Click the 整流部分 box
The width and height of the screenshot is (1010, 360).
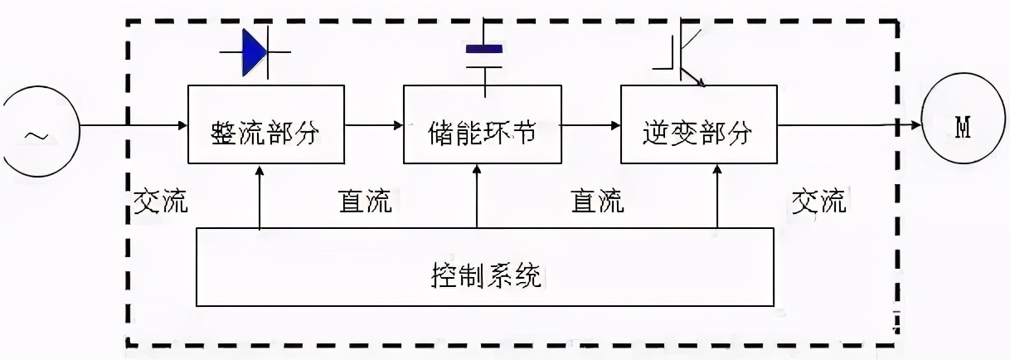click(265, 124)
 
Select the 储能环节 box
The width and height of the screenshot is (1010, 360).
click(481, 124)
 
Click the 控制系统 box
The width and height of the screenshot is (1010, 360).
click(485, 266)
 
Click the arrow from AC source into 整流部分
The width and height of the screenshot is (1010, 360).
click(133, 125)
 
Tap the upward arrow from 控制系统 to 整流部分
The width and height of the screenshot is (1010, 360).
click(260, 195)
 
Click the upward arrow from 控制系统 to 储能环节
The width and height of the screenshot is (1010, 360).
click(477, 195)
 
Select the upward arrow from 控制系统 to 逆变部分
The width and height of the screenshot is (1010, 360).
click(718, 195)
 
